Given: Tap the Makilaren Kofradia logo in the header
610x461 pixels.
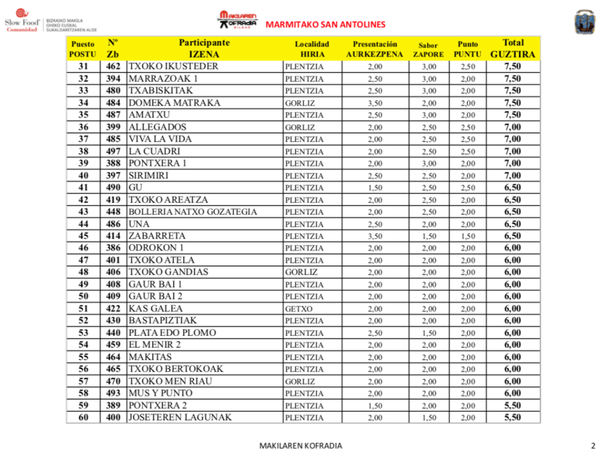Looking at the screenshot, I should [x=237, y=19].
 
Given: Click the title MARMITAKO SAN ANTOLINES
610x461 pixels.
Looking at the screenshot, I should [x=325, y=24].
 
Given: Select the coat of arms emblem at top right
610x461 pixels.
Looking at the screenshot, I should [x=584, y=23].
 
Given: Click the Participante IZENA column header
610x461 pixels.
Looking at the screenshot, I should [x=204, y=48].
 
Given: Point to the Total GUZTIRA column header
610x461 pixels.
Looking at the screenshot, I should [x=513, y=48].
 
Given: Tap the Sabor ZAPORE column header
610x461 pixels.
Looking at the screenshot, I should [x=428, y=49].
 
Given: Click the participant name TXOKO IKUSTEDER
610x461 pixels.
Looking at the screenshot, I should [x=174, y=66].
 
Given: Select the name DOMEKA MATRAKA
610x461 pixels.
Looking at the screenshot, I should [x=175, y=103].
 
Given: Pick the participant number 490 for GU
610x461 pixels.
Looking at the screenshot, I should [x=113, y=188].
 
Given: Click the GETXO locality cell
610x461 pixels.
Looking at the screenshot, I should [x=299, y=309].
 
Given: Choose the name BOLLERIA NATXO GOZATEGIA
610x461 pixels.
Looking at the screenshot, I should [x=193, y=212].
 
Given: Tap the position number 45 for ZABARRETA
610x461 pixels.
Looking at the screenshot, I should [x=83, y=236].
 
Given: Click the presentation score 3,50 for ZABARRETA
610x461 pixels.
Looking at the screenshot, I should [x=375, y=236].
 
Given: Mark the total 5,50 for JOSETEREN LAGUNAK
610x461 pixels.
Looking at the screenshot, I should [x=513, y=417].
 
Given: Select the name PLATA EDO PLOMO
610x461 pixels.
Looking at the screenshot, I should [x=172, y=333].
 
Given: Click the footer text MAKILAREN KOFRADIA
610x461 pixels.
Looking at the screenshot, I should [x=301, y=445].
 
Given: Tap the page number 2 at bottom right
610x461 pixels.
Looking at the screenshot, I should [x=593, y=445].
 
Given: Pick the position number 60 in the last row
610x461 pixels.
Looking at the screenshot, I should [x=83, y=417].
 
